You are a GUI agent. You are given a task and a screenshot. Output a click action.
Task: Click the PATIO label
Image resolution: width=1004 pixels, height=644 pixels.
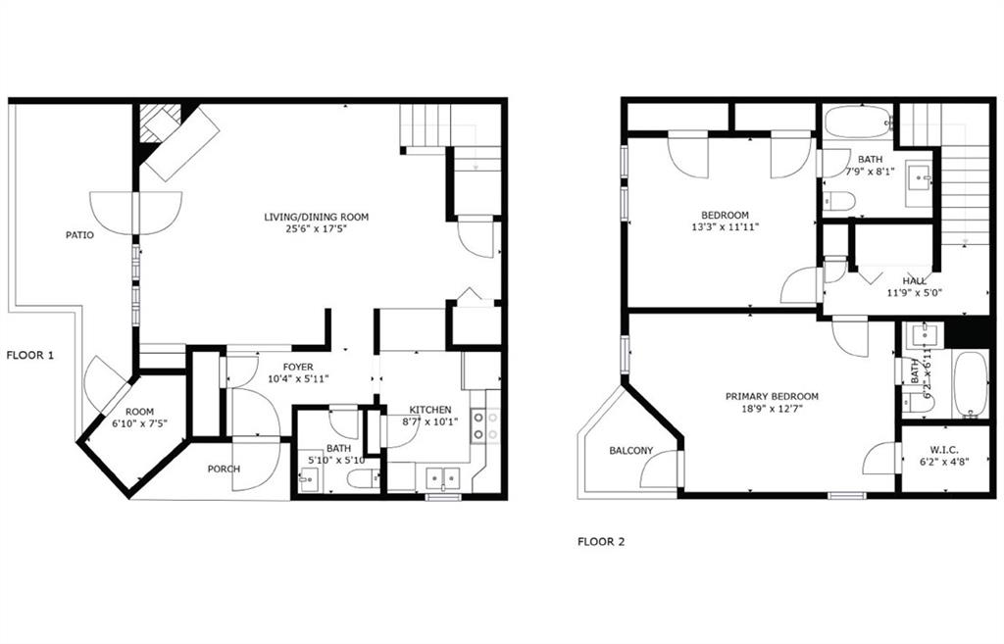tap(79, 234)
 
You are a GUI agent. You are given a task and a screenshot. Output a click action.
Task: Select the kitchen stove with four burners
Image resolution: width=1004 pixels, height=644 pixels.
tap(484, 425)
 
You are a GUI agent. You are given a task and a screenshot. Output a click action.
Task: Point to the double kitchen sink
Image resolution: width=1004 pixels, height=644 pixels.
tap(439, 478)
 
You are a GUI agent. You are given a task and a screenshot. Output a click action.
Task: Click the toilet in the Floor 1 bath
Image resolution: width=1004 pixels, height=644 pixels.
tap(363, 479)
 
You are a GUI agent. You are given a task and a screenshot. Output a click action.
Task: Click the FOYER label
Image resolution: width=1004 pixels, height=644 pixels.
tap(297, 367)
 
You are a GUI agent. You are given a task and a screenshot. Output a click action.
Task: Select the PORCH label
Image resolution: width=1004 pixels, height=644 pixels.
tap(224, 469)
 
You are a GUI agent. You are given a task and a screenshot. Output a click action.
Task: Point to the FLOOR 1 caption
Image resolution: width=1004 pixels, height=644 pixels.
tap(29, 355)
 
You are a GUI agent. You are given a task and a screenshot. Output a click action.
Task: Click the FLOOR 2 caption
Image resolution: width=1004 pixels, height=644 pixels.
tap(600, 540)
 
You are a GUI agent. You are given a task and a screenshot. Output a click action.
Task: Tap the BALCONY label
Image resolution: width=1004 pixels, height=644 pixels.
tap(630, 451)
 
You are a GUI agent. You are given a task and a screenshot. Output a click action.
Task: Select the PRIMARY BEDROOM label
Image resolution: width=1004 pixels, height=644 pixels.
tap(772, 396)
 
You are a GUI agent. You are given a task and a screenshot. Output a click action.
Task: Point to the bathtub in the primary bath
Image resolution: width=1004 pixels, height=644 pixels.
tap(970, 385)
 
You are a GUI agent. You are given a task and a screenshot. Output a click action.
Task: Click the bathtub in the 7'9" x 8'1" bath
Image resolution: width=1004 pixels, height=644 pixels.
tap(854, 124)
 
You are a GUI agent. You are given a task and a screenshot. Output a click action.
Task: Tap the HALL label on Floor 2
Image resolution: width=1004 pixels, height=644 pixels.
tap(915, 280)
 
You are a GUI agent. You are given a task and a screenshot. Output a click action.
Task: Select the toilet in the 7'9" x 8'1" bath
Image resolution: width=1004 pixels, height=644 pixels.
tap(839, 202)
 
